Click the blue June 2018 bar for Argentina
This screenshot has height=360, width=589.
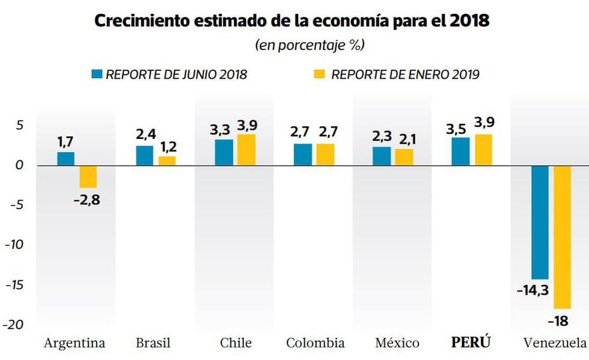pyautogui.click(x=66, y=159)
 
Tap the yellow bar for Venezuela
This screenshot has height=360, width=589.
pyautogui.click(x=562, y=237)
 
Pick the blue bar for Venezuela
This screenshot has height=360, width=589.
pyautogui.click(x=540, y=222)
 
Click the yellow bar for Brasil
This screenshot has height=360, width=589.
pyautogui.click(x=167, y=160)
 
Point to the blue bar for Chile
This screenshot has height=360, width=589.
pyautogui.click(x=224, y=153)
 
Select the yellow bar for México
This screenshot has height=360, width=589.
pyautogui.click(x=404, y=157)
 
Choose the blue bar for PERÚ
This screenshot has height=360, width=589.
pyautogui.click(x=460, y=151)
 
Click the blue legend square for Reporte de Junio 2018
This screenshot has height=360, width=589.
pyautogui.click(x=97, y=74)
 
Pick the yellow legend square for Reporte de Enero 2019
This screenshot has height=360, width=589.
pyautogui.click(x=320, y=74)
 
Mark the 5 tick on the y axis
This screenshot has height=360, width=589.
pyautogui.click(x=19, y=126)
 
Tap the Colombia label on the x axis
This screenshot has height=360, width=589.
pyautogui.click(x=316, y=343)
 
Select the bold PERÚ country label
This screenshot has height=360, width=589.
pyautogui.click(x=472, y=343)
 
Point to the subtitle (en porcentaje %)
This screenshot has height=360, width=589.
pyautogui.click(x=310, y=45)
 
